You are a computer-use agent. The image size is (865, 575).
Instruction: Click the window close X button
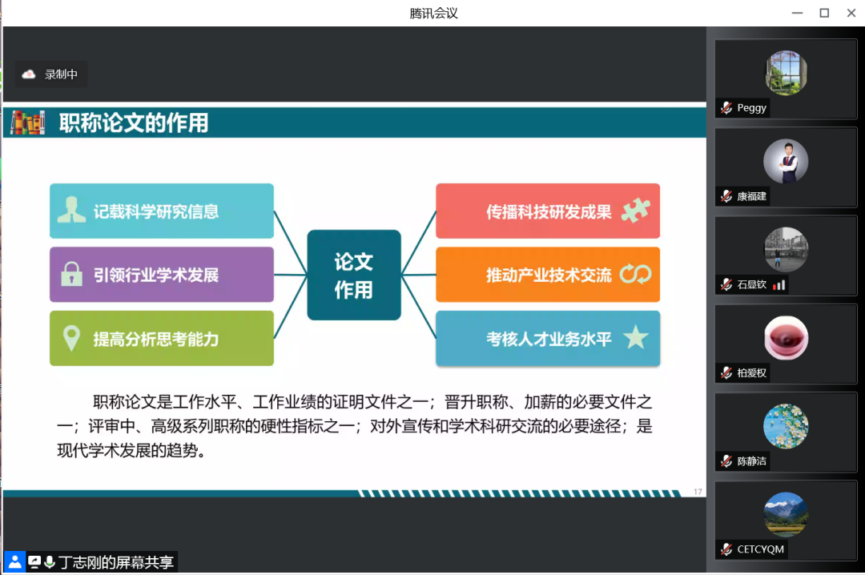coord(851,13)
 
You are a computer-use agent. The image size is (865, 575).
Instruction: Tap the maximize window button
coord(824,13)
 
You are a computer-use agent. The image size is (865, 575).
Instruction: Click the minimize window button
coord(797,13)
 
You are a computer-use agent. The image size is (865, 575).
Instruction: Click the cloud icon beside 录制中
coord(29,74)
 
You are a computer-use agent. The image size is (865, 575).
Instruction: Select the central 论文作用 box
coord(354,275)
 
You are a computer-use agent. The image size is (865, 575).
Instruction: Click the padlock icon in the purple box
coord(71,274)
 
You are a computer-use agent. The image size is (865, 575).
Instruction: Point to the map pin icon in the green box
coord(72,338)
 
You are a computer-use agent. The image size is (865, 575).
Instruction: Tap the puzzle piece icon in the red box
coord(635,211)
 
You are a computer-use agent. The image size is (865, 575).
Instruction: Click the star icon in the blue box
coord(635,337)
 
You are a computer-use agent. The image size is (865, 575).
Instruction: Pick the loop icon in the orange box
coord(635,274)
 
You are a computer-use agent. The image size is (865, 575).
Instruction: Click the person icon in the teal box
coord(71,210)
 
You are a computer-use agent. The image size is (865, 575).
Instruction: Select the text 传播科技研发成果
coord(549,211)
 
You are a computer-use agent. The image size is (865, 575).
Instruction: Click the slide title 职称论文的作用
coord(134,123)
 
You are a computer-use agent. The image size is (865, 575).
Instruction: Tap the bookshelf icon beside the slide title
coord(27,123)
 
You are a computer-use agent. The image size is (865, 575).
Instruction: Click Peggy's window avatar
coord(786,73)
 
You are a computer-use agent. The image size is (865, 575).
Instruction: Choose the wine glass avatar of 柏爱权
coord(786,338)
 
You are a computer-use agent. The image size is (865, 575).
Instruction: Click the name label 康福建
coord(751,196)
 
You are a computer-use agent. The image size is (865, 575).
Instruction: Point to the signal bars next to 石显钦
coord(779,285)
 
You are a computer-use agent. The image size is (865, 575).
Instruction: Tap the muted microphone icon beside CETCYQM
coord(726,549)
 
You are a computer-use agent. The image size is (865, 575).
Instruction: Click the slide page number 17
coord(698,492)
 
